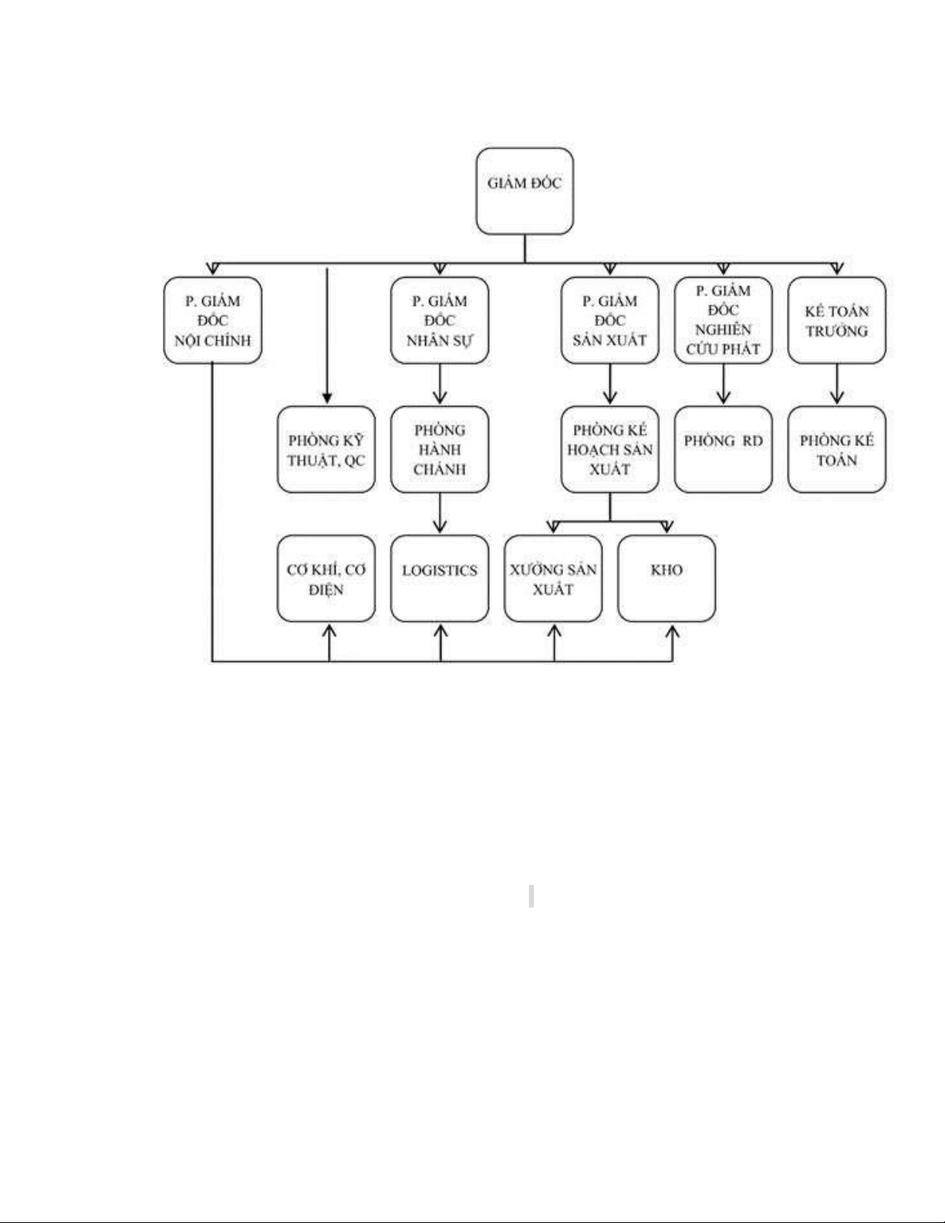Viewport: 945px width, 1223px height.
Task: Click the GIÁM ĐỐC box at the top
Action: point(525,191)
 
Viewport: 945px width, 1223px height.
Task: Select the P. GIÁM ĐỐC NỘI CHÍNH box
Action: point(213,320)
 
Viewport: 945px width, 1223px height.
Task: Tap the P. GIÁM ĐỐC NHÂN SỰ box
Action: point(439,320)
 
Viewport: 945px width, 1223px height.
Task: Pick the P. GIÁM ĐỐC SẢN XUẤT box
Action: point(609,320)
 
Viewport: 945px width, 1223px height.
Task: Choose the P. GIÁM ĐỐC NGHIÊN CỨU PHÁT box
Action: point(724,320)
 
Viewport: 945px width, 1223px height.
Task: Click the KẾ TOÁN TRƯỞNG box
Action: point(837,320)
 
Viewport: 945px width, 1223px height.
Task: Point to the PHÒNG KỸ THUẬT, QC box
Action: point(326,450)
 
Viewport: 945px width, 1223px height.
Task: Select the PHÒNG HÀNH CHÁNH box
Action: point(439,450)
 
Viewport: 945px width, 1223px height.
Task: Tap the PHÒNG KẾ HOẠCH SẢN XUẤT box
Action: point(609,450)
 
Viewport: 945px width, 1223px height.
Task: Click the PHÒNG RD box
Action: point(724,450)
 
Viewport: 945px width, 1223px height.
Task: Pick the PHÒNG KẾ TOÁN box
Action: point(837,450)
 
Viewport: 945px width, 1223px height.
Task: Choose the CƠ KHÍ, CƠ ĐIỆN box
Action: point(326,579)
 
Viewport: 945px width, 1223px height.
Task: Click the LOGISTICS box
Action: point(439,579)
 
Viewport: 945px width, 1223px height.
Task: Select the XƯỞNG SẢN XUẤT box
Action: point(553,579)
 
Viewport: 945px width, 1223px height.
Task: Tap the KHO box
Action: point(667,579)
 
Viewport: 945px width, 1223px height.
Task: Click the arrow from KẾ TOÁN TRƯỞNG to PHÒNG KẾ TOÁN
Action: point(837,383)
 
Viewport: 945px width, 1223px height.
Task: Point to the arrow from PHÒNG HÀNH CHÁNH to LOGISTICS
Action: point(440,512)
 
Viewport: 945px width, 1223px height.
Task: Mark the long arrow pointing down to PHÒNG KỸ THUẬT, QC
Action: point(327,336)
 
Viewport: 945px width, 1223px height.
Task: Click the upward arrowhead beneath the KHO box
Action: point(672,633)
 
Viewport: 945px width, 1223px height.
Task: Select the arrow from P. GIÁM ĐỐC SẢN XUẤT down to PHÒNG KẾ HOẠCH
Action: point(609,383)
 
